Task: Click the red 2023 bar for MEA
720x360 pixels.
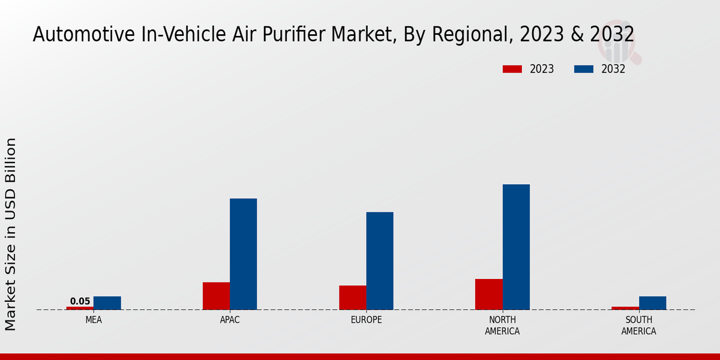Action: point(80,308)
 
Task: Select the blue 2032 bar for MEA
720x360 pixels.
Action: point(107,303)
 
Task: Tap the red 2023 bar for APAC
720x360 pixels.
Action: point(216,296)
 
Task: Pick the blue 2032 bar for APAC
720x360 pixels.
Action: point(243,254)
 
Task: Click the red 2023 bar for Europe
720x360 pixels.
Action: point(352,298)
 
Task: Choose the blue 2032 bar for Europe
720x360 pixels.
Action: point(380,261)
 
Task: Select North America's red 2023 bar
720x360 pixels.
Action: point(488,294)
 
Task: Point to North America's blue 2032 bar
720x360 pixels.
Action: point(516,247)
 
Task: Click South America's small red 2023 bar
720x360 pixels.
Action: point(625,308)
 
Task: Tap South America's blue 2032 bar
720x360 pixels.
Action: point(652,303)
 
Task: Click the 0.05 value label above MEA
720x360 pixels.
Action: point(80,301)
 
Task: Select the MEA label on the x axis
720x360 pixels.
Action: point(94,320)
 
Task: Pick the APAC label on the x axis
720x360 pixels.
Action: point(230,320)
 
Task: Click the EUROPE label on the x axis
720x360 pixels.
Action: point(366,320)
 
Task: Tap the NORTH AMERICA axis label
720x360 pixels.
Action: point(502,325)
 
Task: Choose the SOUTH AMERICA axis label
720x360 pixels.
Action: point(638,325)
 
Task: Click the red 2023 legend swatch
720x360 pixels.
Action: point(512,69)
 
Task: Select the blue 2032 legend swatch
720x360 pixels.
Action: point(584,69)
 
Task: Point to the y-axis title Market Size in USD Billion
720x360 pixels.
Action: point(11,234)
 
